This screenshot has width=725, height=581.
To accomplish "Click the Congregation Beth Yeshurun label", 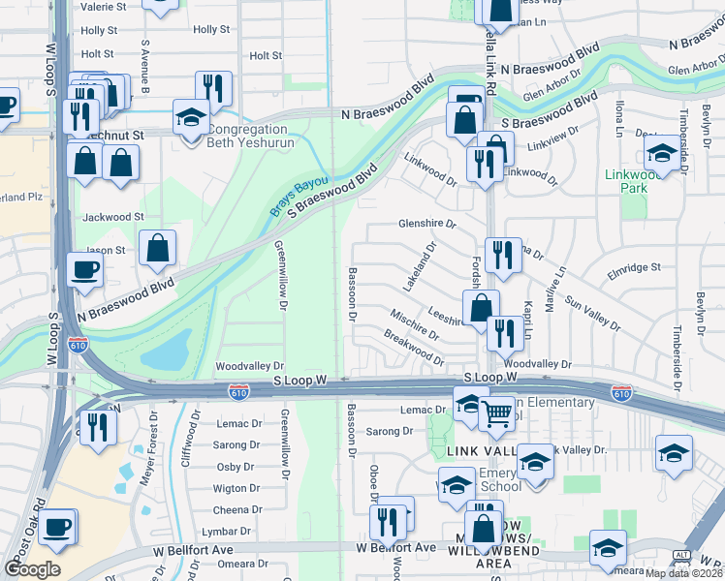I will (248, 136).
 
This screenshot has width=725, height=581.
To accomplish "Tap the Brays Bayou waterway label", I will (299, 195).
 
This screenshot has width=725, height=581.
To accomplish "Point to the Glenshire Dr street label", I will (426, 224).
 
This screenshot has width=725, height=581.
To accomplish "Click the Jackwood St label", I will (112, 218).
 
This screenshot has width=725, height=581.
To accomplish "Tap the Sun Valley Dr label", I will (591, 314).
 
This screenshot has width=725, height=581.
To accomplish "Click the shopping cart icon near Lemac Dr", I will (496, 413).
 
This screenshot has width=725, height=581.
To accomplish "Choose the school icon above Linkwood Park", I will (662, 152).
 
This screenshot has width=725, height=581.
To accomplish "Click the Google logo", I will (31, 569).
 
